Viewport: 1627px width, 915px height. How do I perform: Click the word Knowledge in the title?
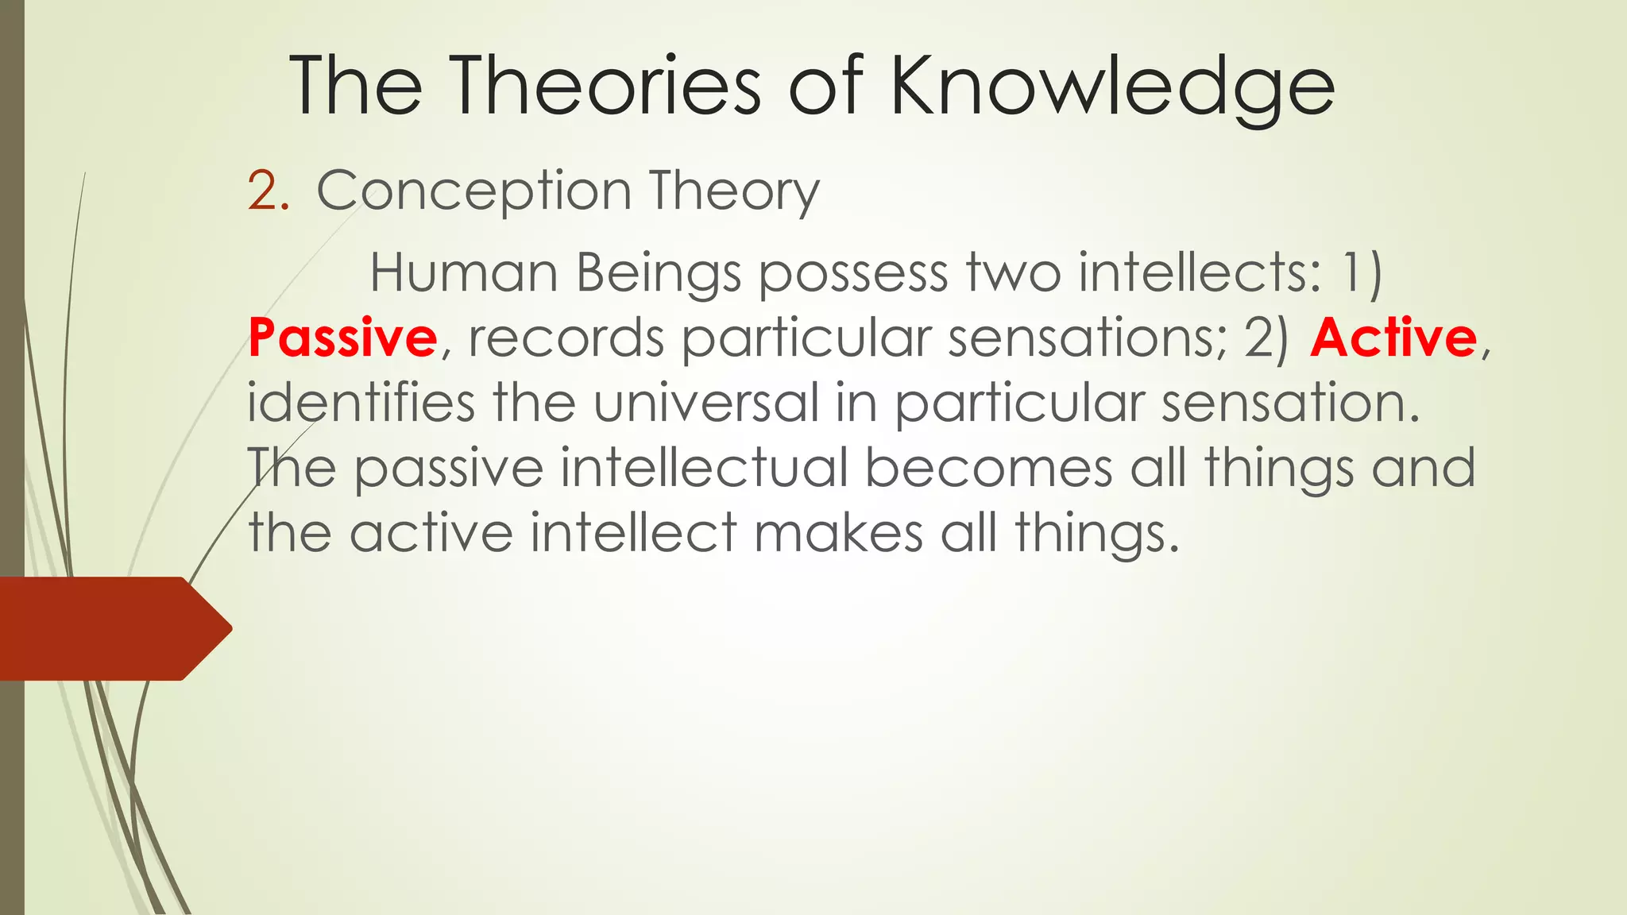click(1112, 87)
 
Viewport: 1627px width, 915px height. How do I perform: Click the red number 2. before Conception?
click(268, 191)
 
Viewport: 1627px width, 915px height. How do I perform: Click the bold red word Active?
click(1393, 338)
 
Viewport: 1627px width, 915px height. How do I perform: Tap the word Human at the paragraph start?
click(464, 273)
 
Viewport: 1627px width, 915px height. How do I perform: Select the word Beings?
click(659, 275)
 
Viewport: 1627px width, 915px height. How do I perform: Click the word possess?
click(853, 275)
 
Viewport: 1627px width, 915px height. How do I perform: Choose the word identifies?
click(361, 403)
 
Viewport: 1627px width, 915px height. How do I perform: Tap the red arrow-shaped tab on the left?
click(111, 628)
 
